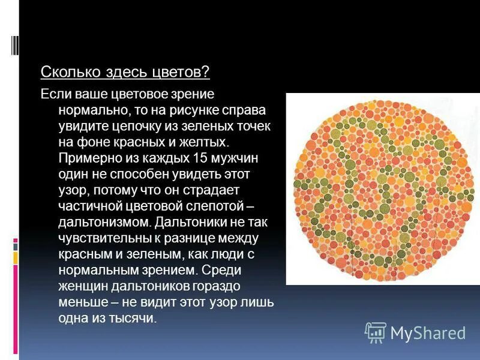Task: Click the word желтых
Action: click(204, 142)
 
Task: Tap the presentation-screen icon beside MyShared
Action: click(376, 332)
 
